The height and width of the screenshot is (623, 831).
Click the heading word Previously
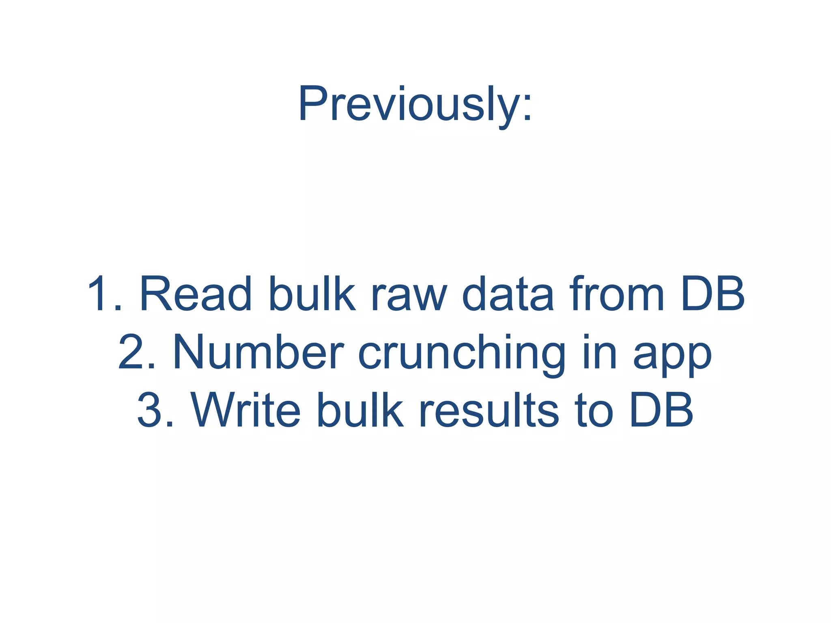pyautogui.click(x=408, y=104)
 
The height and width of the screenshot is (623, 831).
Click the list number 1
pyautogui.click(x=101, y=294)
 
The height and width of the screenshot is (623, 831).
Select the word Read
pyautogui.click(x=196, y=294)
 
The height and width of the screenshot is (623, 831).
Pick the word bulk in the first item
pyautogui.click(x=312, y=294)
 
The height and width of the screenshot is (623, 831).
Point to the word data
pyautogui.click(x=508, y=294)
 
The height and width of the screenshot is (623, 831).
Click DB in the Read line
pyautogui.click(x=713, y=294)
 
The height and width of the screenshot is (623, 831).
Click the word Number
pyautogui.click(x=259, y=352)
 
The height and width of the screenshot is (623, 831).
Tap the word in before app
pyautogui.click(x=600, y=352)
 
